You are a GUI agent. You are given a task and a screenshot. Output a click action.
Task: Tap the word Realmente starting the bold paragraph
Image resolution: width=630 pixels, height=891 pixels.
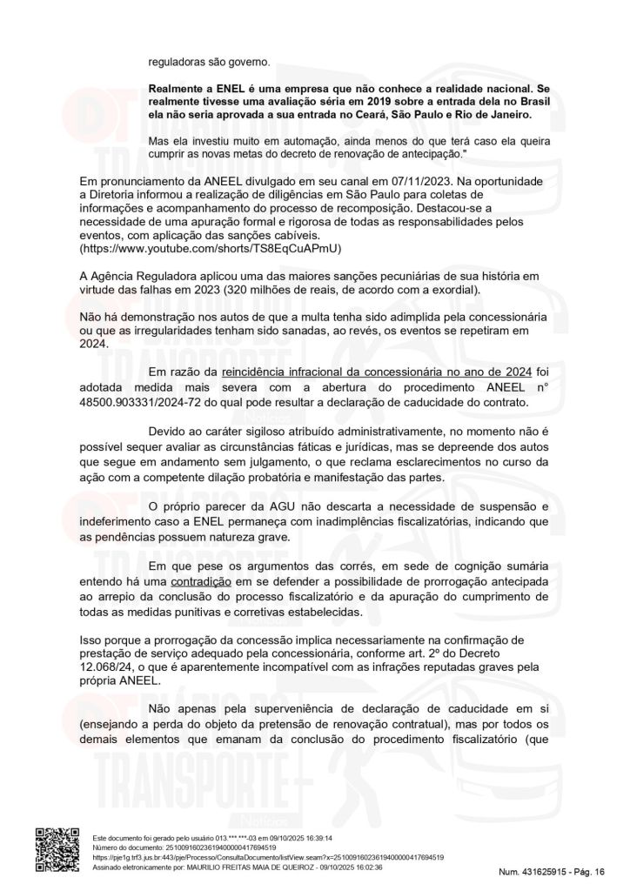(178, 90)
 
